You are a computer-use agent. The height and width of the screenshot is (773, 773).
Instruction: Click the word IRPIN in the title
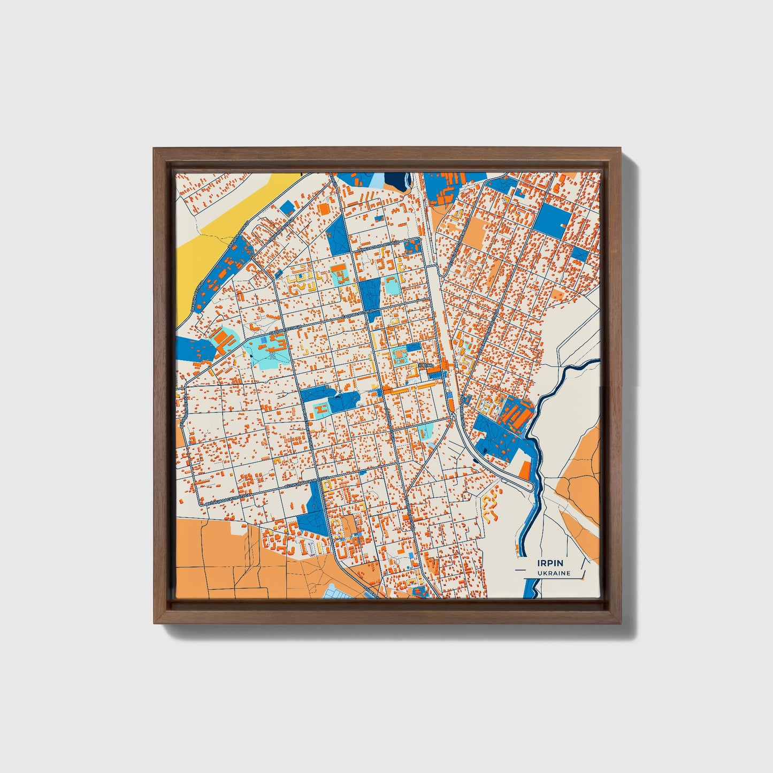pos(550,563)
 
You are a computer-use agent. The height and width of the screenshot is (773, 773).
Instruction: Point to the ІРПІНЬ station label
pos(426,365)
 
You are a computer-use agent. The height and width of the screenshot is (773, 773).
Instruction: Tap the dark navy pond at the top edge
pos(396,180)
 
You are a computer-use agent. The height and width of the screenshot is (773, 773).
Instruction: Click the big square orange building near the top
pos(324,208)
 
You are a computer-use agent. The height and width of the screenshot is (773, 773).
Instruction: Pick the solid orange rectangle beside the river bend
pos(525,470)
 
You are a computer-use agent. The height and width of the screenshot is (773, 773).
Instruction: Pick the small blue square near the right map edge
pos(579,254)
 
